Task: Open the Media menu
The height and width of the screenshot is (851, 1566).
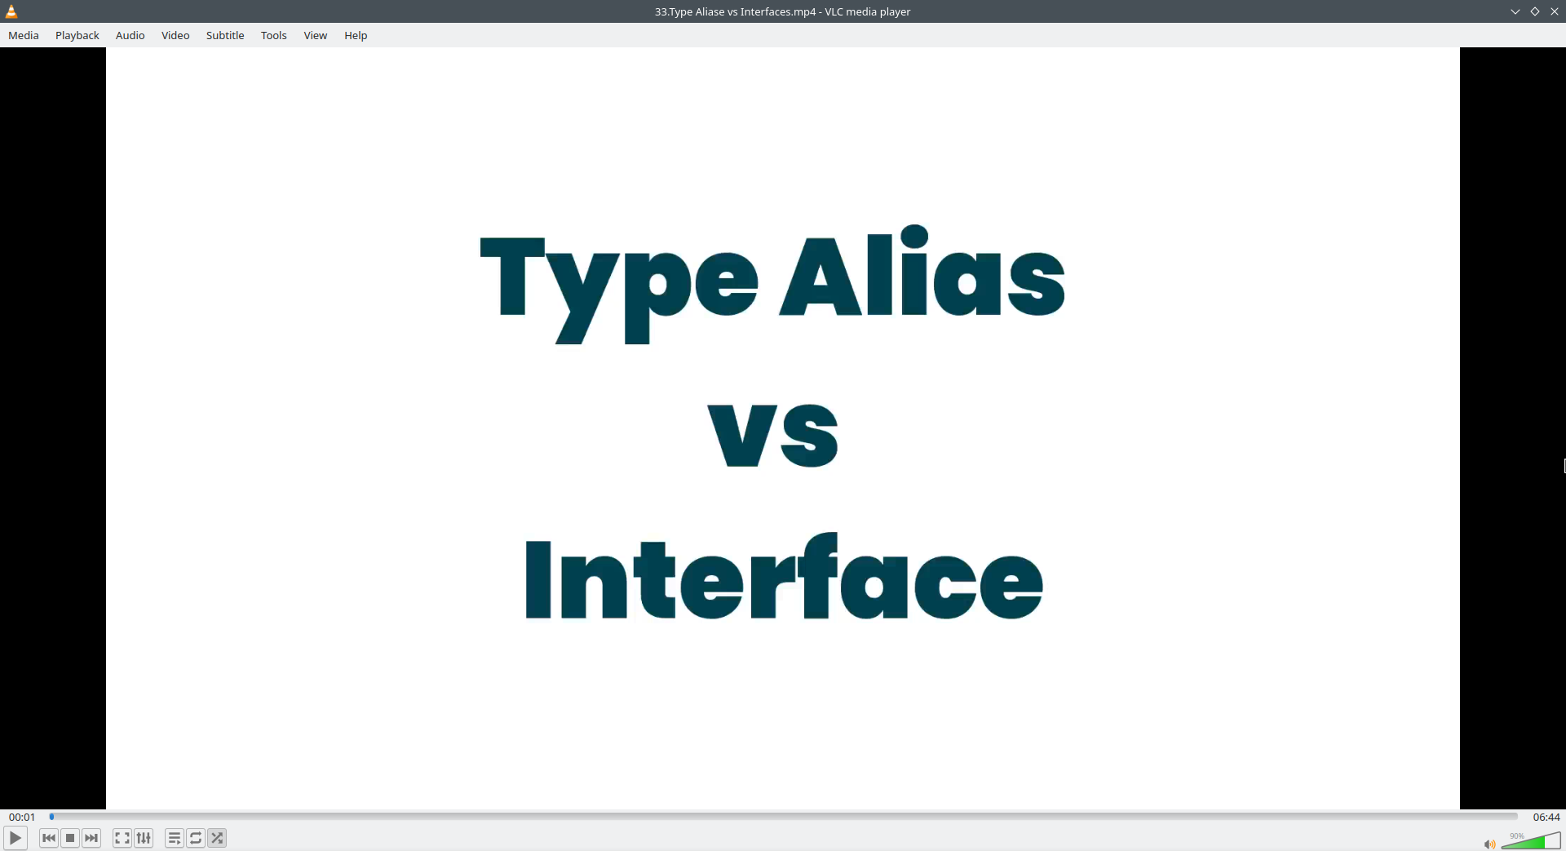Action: (x=24, y=35)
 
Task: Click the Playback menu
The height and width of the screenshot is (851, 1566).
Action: (x=77, y=35)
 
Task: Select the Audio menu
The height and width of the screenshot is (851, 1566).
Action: (x=130, y=35)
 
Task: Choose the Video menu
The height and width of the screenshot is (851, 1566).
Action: (x=175, y=35)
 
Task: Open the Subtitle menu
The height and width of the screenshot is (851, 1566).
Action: (x=225, y=35)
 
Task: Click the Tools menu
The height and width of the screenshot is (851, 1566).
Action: (x=274, y=35)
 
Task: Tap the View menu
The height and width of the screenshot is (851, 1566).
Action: (x=316, y=35)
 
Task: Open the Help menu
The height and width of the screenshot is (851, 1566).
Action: (x=356, y=35)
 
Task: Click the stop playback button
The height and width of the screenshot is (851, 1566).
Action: (x=70, y=838)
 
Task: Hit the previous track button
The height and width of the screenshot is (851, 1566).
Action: (x=49, y=838)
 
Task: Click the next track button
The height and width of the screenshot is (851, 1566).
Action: (x=91, y=838)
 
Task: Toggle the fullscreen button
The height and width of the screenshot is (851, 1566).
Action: (x=122, y=838)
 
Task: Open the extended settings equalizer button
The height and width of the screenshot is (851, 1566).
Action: (x=144, y=838)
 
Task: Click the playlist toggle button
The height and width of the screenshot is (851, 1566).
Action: (x=175, y=838)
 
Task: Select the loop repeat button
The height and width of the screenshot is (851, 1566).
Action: (x=196, y=838)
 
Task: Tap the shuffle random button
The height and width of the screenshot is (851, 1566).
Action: (x=217, y=838)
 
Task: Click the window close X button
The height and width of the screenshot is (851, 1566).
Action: (x=1555, y=11)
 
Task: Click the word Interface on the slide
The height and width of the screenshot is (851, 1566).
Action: (x=784, y=576)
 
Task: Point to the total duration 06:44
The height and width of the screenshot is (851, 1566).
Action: (x=1546, y=817)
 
